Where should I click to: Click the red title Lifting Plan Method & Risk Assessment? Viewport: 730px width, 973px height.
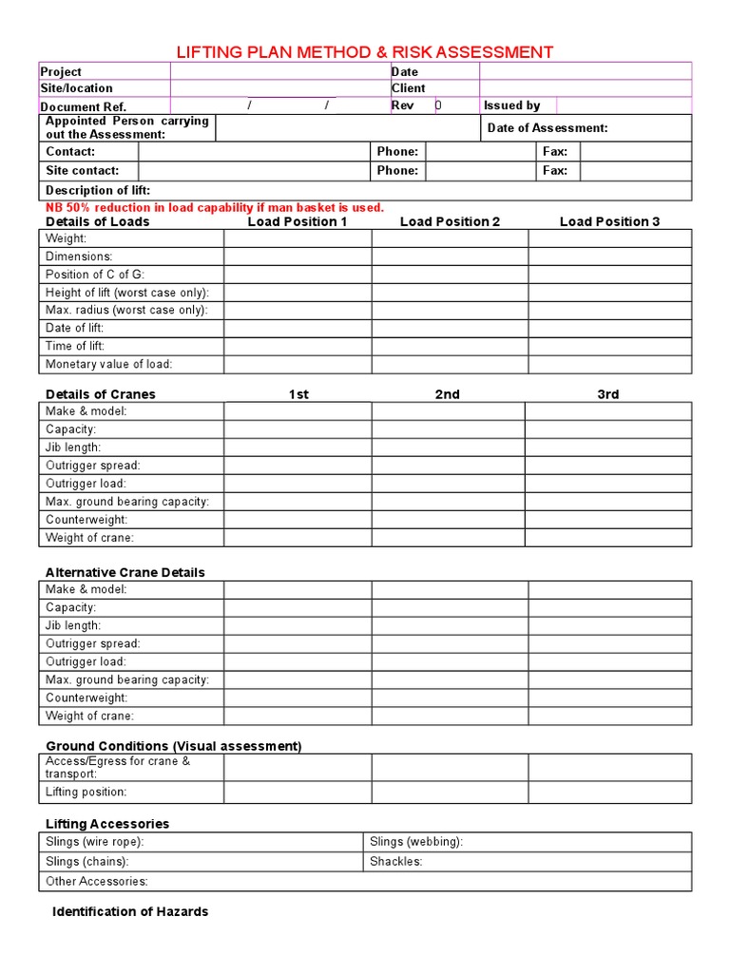coord(365,52)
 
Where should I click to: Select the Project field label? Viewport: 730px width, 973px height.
coord(61,71)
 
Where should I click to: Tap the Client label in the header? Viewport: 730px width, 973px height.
coord(409,88)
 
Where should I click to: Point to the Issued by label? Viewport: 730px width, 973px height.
coord(511,105)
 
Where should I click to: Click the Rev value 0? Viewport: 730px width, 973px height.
coord(438,105)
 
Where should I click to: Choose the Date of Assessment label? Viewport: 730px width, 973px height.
coord(547,128)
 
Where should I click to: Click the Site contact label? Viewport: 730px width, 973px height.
coord(83,171)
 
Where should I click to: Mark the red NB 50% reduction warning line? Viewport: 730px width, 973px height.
coord(215,207)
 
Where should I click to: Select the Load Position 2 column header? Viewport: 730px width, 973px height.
coord(450,222)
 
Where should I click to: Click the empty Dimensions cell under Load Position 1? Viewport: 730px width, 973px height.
coord(298,257)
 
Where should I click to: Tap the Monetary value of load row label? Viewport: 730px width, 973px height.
coord(109,365)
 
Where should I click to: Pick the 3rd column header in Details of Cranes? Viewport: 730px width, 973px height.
coord(608,394)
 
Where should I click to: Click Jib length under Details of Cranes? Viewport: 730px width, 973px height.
coord(73,448)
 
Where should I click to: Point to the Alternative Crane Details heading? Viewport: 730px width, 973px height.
coord(125,572)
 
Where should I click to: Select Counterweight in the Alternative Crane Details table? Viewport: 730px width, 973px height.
coord(86,697)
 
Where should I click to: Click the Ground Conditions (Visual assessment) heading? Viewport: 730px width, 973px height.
coord(174,746)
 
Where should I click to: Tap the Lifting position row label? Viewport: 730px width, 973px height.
coord(86,792)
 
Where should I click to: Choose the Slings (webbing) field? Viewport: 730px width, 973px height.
coord(416,842)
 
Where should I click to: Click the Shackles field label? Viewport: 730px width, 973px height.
coord(395,862)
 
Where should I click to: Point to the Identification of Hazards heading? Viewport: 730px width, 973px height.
coord(130,911)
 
